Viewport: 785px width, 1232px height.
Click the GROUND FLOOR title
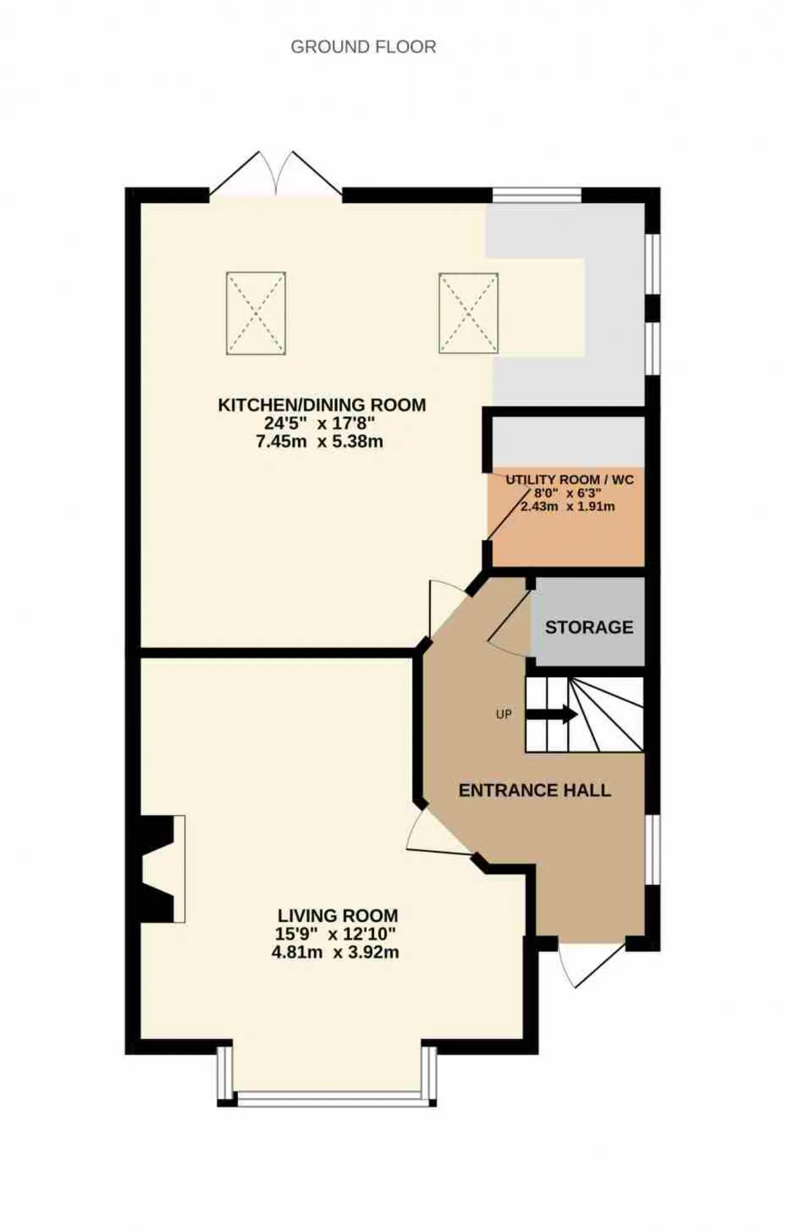(363, 47)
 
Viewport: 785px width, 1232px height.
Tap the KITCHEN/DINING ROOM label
(322, 405)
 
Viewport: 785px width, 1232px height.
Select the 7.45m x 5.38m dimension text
(320, 441)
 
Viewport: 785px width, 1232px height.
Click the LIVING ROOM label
(338, 916)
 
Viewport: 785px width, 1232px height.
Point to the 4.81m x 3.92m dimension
(335, 952)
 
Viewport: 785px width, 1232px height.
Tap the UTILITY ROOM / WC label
(570, 480)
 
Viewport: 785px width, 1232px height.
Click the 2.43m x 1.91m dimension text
(568, 507)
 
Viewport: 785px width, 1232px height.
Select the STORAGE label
(589, 627)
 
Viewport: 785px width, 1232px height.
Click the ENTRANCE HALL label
(535, 790)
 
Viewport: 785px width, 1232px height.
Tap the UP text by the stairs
(504, 714)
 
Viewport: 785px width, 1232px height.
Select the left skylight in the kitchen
(256, 313)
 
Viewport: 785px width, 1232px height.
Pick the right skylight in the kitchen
(469, 313)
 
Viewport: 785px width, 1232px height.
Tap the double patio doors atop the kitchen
(276, 175)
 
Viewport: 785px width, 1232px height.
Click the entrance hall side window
(653, 850)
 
